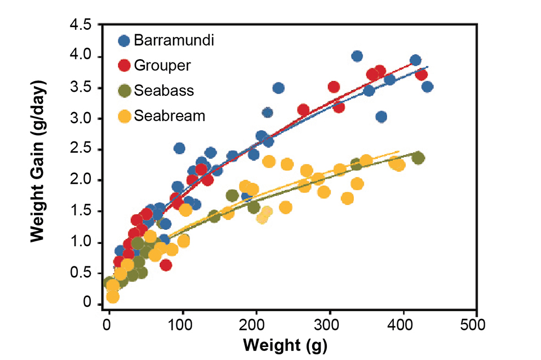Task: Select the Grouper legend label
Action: (162, 65)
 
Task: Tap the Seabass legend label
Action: (163, 91)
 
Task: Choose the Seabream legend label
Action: (170, 116)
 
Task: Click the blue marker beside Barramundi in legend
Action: (124, 41)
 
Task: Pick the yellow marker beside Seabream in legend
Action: (124, 117)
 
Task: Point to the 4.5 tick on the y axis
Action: (82, 26)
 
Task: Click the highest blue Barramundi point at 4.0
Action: (357, 56)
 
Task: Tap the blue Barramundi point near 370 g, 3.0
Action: (381, 117)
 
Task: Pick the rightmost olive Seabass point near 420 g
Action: (418, 158)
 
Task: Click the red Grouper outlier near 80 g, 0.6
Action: (165, 265)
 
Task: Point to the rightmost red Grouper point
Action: (421, 74)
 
